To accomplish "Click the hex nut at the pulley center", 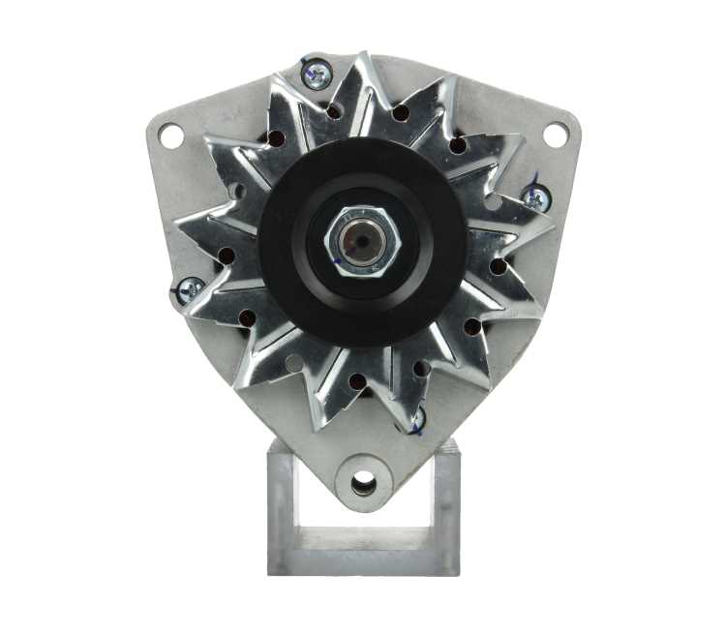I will point(364,239).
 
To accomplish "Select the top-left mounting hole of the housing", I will point(171,136).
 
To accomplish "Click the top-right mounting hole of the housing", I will point(555,136).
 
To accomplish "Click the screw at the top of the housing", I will point(317,73).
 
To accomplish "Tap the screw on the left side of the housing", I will point(189,287).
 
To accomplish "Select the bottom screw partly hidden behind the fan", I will point(414,420).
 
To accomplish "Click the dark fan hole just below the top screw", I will point(334,111).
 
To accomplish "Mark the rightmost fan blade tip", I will point(553,229).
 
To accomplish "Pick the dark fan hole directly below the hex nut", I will point(357,381).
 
